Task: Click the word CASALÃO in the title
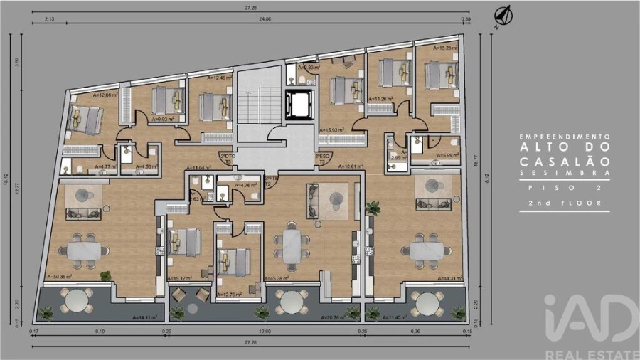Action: tap(564, 161)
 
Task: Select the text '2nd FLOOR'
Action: tap(564, 203)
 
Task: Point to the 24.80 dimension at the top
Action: tap(265, 18)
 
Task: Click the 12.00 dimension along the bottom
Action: tap(265, 332)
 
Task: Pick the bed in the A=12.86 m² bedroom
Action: tap(85, 118)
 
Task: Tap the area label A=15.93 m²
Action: tap(332, 130)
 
